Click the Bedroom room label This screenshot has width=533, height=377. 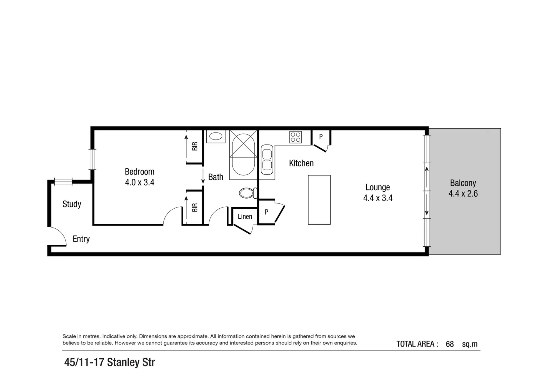[139, 172]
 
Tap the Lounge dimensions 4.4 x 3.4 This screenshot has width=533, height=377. [378, 198]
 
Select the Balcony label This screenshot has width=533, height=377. [463, 183]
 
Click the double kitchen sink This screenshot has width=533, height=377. [267, 160]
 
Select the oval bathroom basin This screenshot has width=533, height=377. [216, 136]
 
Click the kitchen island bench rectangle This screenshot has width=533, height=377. [319, 200]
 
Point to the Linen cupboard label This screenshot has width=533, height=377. [245, 216]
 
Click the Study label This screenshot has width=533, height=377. [72, 204]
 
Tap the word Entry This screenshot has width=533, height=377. [81, 239]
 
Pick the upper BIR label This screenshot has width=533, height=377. [195, 146]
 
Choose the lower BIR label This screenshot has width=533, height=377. [195, 208]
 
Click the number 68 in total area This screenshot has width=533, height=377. [450, 344]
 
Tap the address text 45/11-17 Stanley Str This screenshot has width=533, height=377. [110, 362]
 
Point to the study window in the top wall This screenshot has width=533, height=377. [63, 182]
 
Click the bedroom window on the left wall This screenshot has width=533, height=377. [92, 159]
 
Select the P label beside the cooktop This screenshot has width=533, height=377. [321, 137]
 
